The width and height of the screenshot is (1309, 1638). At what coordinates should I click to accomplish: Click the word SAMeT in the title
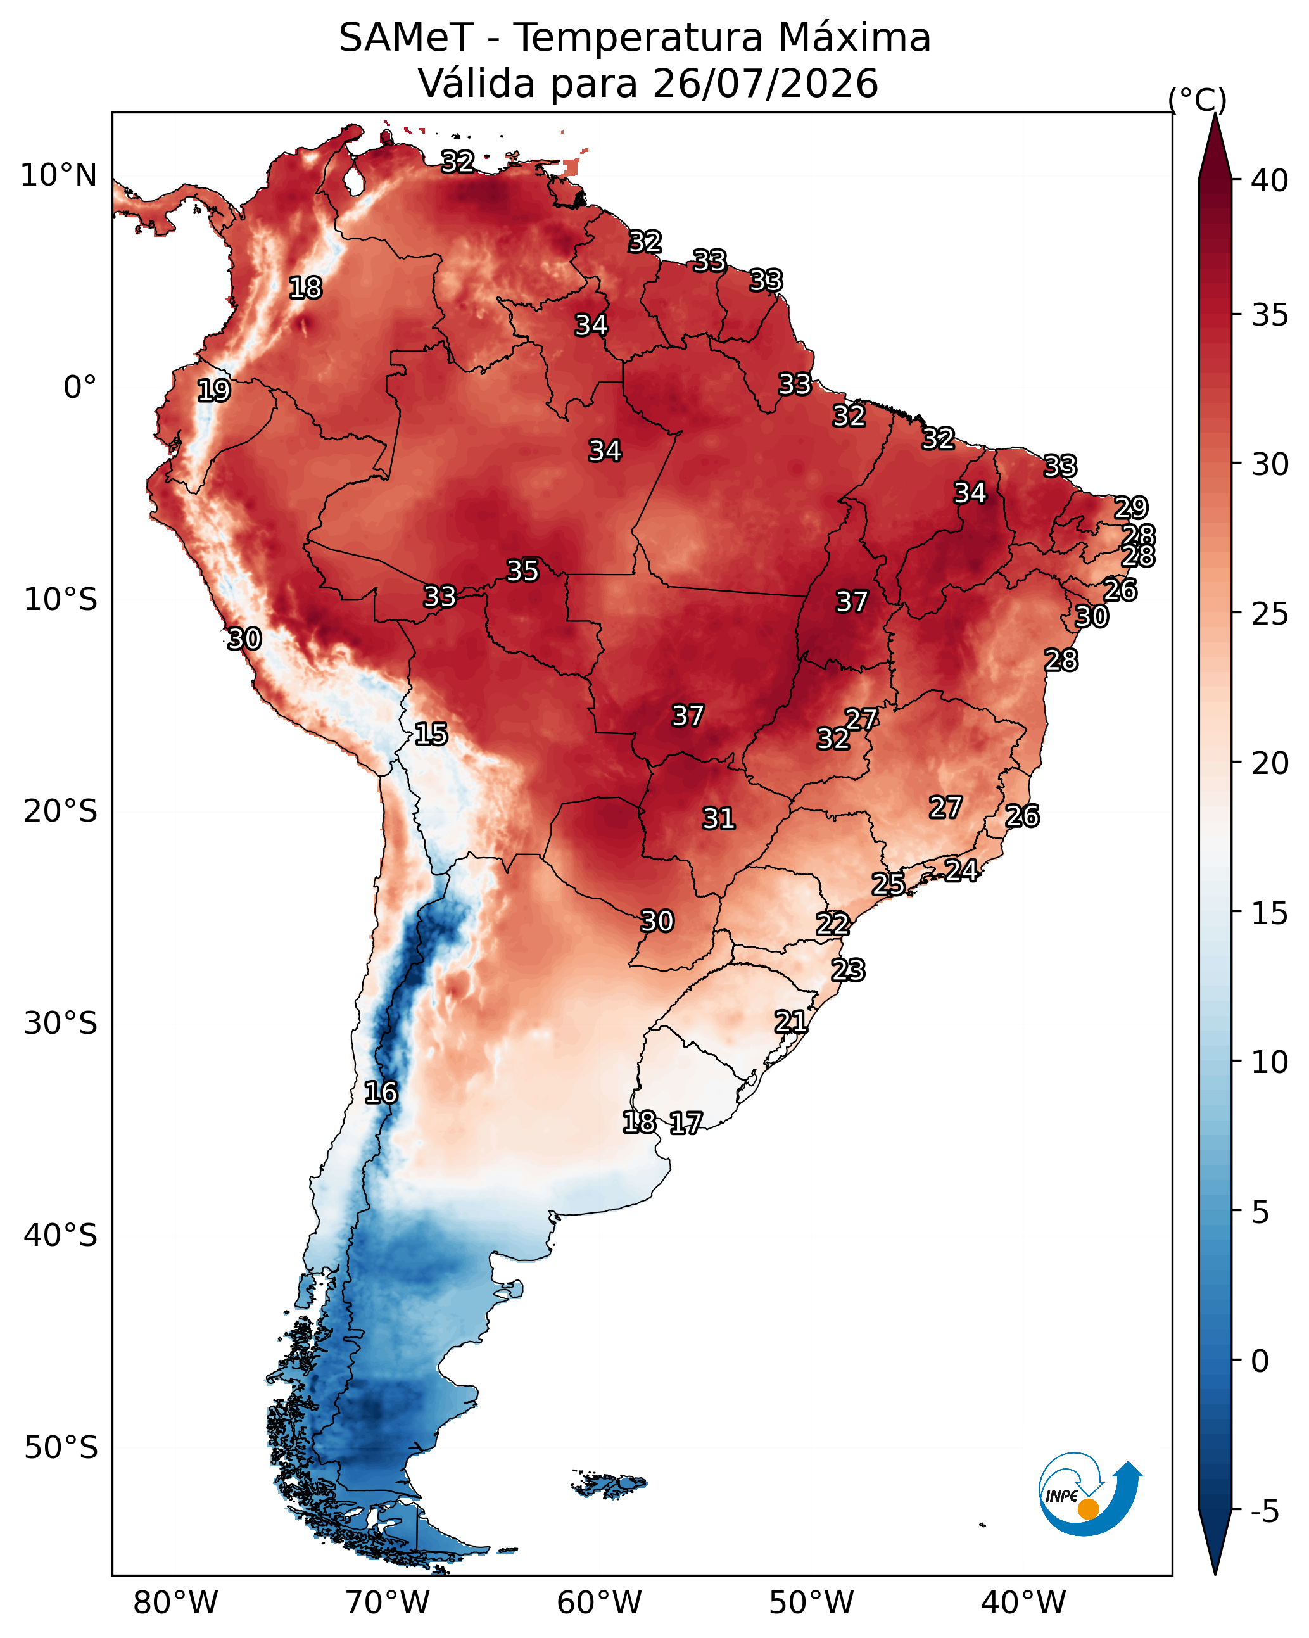(x=407, y=38)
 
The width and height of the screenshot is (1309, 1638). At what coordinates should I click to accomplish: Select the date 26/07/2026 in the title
(x=765, y=84)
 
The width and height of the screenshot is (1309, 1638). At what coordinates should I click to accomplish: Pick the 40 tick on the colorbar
(x=1268, y=181)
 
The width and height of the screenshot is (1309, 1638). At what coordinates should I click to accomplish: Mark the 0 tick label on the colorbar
(x=1260, y=1361)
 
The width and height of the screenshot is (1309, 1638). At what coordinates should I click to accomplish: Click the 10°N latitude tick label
(x=58, y=175)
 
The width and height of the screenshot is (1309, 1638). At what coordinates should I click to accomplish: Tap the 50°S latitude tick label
(x=61, y=1448)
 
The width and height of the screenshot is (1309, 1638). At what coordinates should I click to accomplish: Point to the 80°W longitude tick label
(x=175, y=1603)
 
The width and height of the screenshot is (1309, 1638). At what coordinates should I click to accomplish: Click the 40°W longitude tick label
(x=1023, y=1603)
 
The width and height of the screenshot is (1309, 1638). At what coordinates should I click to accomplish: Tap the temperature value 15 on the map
(x=431, y=734)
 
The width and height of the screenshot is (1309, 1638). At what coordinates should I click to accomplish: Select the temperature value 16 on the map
(x=381, y=1093)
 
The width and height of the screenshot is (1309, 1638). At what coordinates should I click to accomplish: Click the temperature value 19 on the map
(x=213, y=391)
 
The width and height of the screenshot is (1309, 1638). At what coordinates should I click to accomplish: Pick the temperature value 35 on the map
(x=522, y=571)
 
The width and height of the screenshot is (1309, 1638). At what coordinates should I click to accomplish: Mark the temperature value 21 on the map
(x=791, y=1022)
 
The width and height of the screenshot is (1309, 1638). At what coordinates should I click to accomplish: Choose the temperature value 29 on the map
(x=1131, y=507)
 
